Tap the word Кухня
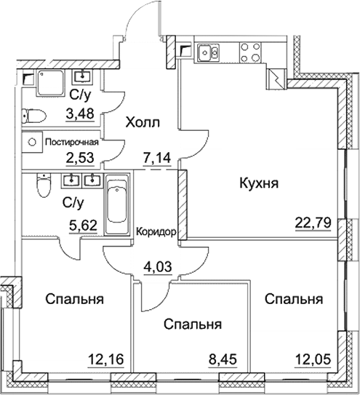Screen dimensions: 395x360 tap(260, 184)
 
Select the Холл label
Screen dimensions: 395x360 tap(143, 122)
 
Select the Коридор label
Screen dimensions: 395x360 tap(156, 232)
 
